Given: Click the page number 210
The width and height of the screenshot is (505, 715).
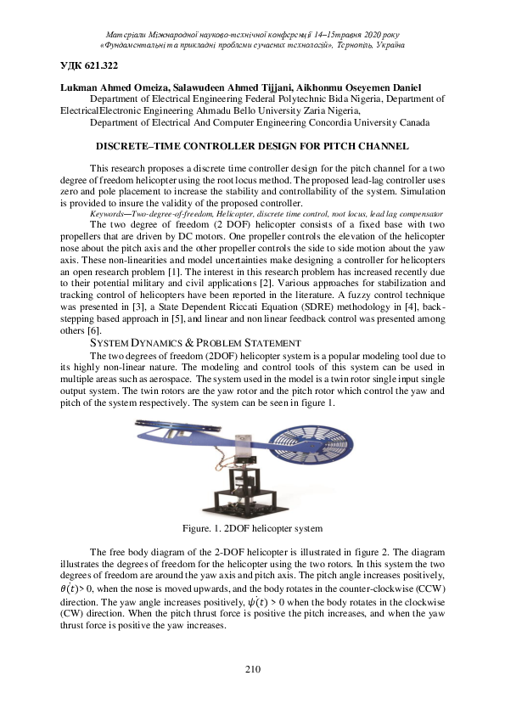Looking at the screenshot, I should (x=252, y=670).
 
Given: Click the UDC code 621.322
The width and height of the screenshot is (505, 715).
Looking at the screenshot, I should (x=90, y=66).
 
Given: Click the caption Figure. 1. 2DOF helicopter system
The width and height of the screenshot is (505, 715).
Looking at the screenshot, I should (x=252, y=528).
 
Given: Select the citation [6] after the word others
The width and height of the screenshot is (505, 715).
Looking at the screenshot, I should (x=95, y=330).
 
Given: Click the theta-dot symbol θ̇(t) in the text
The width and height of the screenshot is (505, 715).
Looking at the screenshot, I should (x=71, y=588).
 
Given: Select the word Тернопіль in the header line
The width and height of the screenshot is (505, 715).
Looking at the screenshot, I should (x=357, y=44).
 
